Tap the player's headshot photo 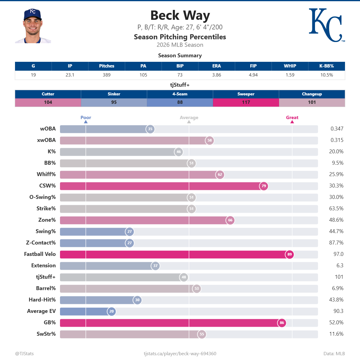click(33, 26)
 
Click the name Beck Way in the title click(180, 15)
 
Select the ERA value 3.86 click(217, 75)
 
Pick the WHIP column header click(290, 66)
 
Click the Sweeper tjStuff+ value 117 click(246, 102)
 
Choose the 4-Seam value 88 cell click(180, 102)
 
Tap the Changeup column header click(312, 94)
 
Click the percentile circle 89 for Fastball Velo click(289, 254)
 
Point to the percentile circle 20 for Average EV click(112, 311)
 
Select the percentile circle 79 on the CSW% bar click(264, 186)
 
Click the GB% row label click(50, 322)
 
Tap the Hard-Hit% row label click(42, 300)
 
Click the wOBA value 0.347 click(337, 129)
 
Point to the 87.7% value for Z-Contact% click(336, 243)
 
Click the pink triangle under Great click(292, 122)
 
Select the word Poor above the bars click(86, 118)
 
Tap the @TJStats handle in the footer click(25, 354)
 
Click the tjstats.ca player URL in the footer click(180, 354)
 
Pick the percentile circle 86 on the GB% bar click(282, 322)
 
